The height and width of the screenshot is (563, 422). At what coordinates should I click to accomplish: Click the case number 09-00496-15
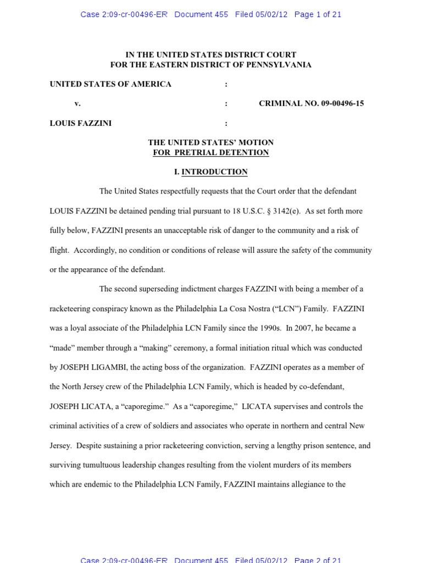[342, 103]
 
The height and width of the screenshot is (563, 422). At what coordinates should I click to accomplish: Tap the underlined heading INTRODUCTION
[214, 172]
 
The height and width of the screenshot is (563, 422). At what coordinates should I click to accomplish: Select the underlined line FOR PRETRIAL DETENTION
[211, 152]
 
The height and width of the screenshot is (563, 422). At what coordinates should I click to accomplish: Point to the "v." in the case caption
[77, 103]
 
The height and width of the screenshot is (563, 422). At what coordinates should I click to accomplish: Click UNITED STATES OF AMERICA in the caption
[110, 84]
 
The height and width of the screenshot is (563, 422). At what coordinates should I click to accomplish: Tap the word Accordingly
[95, 250]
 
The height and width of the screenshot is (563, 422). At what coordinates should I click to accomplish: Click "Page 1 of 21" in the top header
[318, 15]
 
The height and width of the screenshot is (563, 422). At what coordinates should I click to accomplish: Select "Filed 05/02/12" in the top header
[261, 15]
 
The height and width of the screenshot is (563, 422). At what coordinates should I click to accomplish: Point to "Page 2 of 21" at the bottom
[318, 560]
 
